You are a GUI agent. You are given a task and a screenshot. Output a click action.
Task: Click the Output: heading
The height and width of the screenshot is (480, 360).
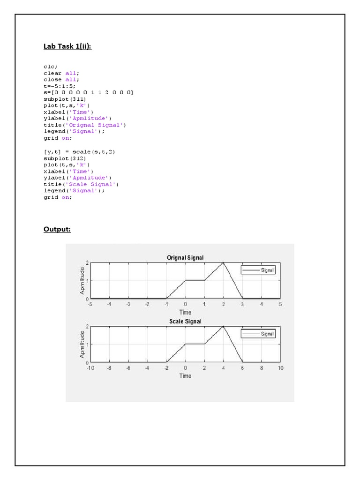pos(57,229)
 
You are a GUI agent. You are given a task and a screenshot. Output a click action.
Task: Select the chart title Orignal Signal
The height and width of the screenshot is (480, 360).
pos(185,258)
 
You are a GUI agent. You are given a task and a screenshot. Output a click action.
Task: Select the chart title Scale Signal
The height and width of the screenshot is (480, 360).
pos(185,322)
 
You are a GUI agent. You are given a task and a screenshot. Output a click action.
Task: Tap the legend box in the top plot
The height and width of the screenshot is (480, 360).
pos(258,270)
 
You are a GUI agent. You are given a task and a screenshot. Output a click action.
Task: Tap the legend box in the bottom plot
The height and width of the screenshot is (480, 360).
pos(258,333)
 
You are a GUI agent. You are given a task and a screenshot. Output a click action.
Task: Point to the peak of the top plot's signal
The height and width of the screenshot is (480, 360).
pos(224,262)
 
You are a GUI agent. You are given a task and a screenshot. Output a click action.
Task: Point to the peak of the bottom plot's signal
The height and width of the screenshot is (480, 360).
pos(224,326)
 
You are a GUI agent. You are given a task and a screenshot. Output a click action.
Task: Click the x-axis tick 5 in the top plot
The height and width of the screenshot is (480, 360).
pos(280,304)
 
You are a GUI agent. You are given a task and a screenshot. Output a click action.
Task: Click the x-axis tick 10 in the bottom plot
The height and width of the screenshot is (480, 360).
pos(280,368)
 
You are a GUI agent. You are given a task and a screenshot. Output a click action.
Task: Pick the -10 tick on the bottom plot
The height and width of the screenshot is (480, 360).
pos(90,368)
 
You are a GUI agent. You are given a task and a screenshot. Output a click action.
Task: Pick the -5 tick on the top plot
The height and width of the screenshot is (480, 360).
pos(90,304)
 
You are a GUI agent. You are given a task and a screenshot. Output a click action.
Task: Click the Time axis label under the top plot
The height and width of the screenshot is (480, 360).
pos(186,312)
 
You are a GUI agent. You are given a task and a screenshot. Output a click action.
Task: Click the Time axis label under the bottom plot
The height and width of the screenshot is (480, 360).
pos(186,376)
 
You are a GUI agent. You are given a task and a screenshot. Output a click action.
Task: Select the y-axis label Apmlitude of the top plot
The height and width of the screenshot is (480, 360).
pos(82,280)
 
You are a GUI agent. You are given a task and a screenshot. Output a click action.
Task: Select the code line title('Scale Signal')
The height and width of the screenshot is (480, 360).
pos(81,184)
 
